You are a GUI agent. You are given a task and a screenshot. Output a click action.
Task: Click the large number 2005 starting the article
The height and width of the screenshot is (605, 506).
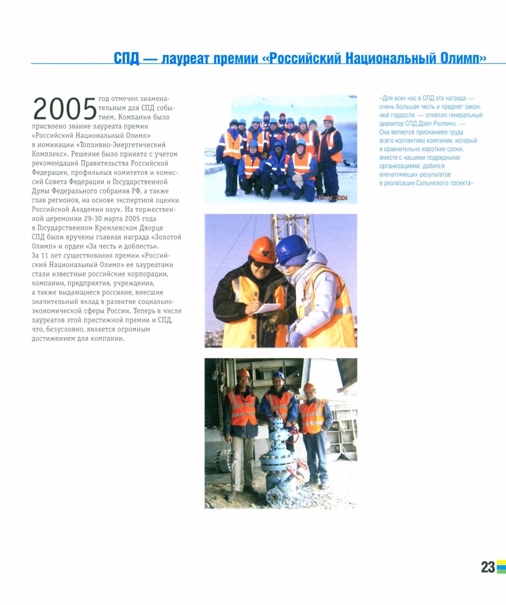(x=65, y=108)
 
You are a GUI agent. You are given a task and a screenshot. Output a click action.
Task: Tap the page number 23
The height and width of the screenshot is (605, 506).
(x=487, y=567)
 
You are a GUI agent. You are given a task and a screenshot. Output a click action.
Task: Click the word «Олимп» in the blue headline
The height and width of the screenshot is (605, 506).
(x=459, y=58)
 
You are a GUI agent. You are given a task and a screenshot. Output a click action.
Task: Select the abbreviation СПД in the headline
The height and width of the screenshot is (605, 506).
(x=126, y=58)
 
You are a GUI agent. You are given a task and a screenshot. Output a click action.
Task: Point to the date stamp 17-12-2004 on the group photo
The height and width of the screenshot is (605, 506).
(x=333, y=198)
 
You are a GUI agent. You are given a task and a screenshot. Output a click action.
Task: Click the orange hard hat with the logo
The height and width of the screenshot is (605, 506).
(x=262, y=248)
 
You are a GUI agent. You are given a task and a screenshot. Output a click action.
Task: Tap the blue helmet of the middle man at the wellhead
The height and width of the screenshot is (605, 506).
(x=278, y=376)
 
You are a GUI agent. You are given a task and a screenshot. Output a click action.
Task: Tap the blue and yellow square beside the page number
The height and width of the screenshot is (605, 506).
(x=501, y=567)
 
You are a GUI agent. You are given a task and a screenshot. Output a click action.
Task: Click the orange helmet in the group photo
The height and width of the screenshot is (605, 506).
(x=329, y=119)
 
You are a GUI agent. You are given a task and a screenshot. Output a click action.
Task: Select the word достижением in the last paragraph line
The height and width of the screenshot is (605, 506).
(x=57, y=338)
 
